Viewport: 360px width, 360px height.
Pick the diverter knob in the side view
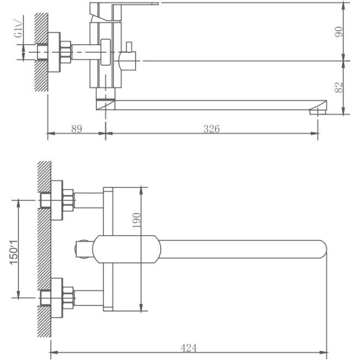pos(130,53)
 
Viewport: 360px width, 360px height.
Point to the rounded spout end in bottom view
pos(320,249)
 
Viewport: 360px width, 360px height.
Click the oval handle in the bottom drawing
pos(127,249)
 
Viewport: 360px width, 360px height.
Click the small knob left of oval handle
pos(82,249)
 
